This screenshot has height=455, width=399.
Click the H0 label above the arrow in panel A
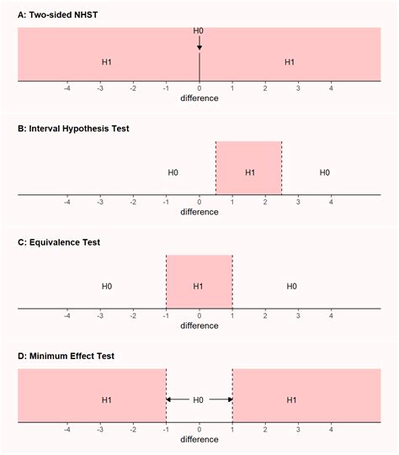click(199, 31)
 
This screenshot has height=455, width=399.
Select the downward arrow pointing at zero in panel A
click(199, 44)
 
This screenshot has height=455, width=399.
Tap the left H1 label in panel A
click(107, 62)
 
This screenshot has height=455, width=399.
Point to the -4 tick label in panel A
click(66, 87)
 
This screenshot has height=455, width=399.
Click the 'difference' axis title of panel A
click(199, 98)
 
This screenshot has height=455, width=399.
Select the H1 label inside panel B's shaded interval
click(249, 172)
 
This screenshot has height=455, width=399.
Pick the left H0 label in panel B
click(173, 172)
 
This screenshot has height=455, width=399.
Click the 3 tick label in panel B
click(298, 201)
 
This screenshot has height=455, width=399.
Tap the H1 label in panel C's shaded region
click(199, 286)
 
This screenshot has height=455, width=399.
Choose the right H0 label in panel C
click(291, 286)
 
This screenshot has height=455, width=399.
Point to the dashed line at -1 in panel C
click(166, 282)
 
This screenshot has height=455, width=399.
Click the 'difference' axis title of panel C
click(199, 325)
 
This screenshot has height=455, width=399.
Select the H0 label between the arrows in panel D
click(199, 400)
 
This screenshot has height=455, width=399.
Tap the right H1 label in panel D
click(290, 400)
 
